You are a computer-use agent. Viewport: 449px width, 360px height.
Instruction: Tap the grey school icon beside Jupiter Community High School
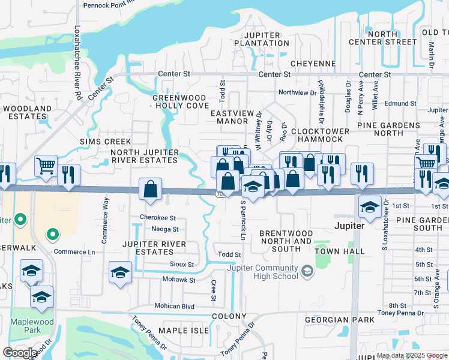307,272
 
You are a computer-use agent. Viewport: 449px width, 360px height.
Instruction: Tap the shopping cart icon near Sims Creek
46,165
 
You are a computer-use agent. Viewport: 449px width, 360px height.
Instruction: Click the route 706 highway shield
220,193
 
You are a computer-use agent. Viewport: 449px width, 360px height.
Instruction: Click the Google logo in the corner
19,352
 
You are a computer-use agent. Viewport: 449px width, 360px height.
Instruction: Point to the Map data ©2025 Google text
412,355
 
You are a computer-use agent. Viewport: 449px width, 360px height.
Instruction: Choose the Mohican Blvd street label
175,306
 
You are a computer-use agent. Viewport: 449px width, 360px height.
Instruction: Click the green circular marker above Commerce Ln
52,235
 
